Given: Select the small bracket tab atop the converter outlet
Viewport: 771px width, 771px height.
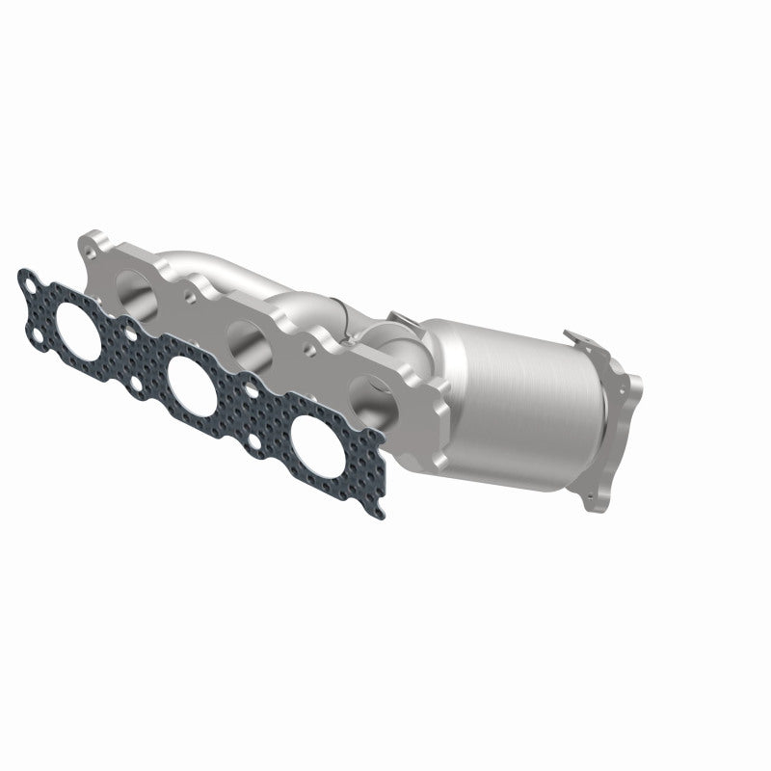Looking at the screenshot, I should pyautogui.click(x=579, y=339).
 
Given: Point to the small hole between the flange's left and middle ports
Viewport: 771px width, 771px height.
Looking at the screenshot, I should pyautogui.click(x=191, y=288).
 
